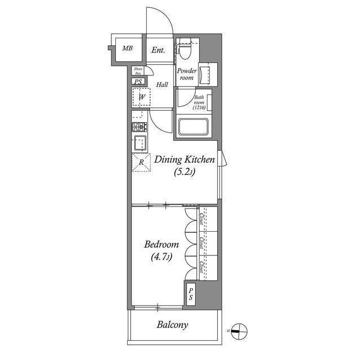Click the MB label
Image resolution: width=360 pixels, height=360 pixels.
click(x=128, y=49)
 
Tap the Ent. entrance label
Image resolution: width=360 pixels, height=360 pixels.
click(x=159, y=50)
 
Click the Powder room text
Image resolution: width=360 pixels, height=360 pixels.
click(x=187, y=74)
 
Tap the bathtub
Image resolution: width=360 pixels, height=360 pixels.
click(x=194, y=127)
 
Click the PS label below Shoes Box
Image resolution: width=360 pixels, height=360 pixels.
click(x=138, y=82)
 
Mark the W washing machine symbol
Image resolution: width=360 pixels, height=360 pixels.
click(x=142, y=97)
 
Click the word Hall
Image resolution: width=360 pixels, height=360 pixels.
click(x=162, y=85)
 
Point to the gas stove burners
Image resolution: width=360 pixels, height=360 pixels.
click(x=139, y=127)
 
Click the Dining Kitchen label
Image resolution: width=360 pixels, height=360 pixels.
click(x=184, y=160)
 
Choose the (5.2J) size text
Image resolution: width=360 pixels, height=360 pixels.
click(x=184, y=173)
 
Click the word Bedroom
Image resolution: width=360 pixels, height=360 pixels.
click(x=161, y=245)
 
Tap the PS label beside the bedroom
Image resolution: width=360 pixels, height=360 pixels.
click(x=191, y=294)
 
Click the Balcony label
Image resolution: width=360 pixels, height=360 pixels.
click(x=172, y=325)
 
